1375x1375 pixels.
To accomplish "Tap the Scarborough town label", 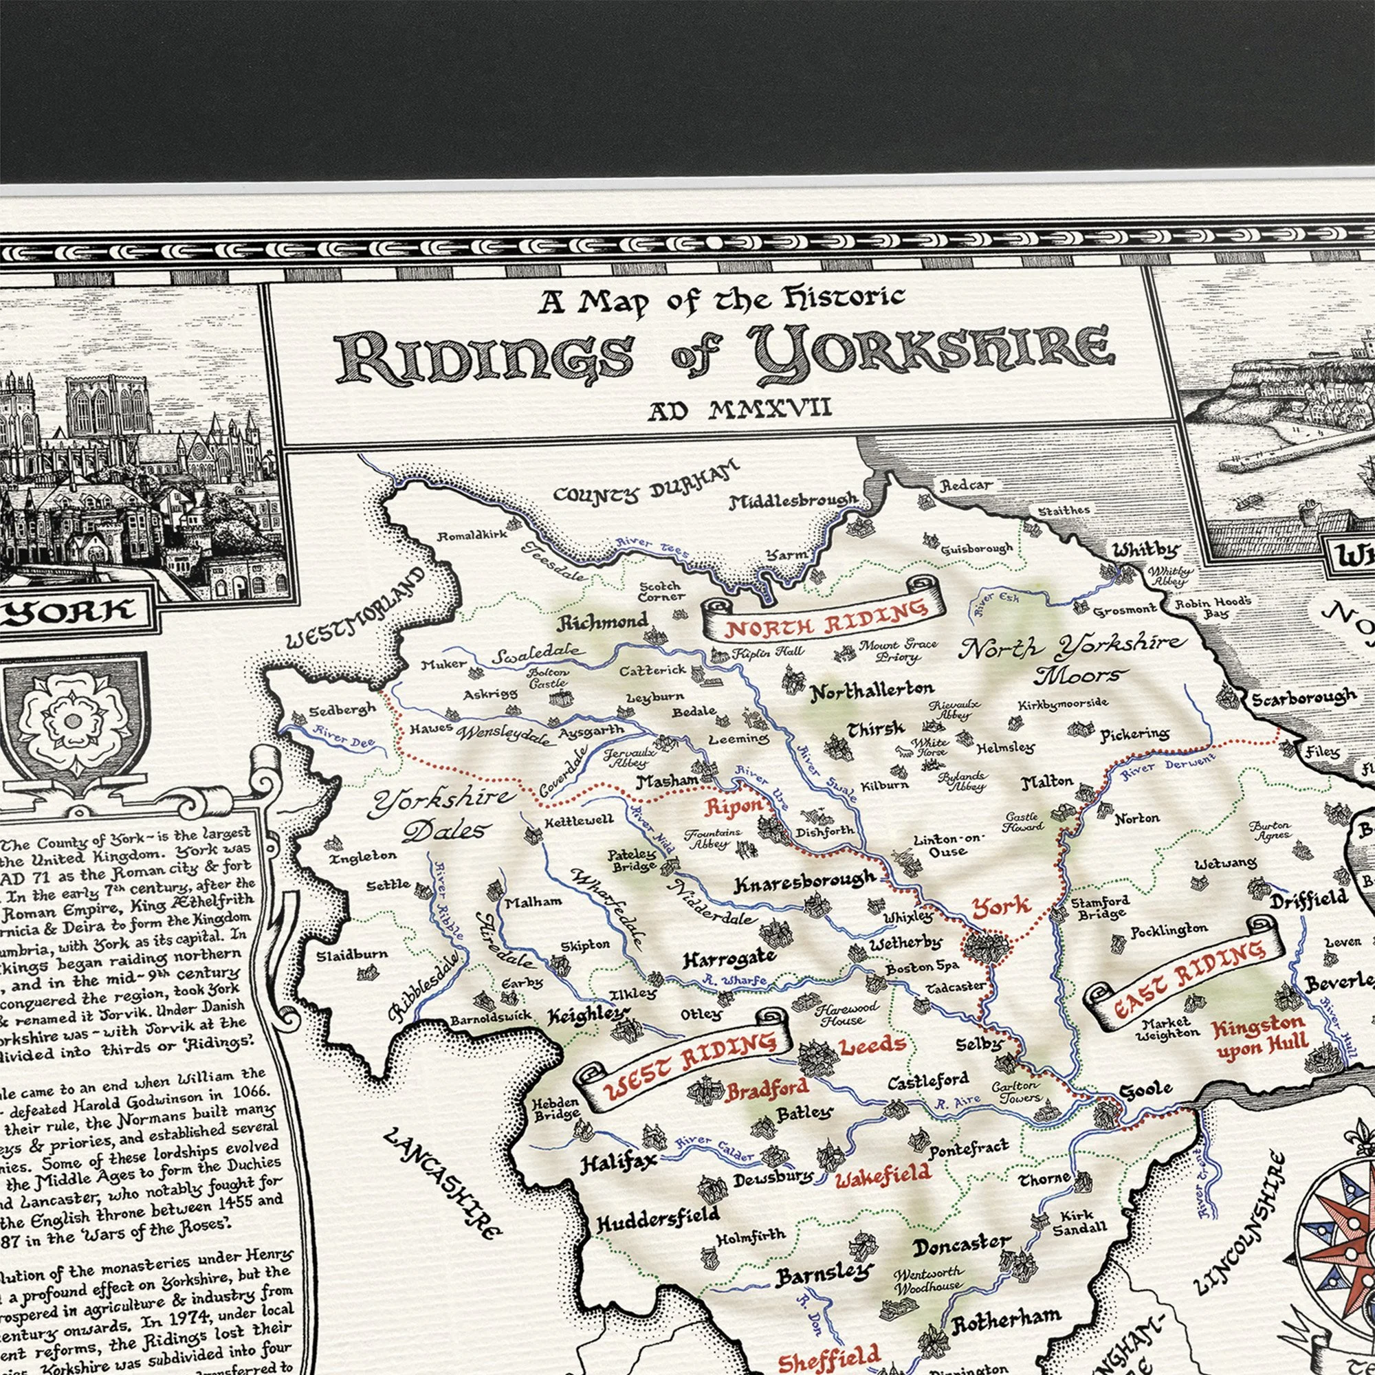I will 1303,698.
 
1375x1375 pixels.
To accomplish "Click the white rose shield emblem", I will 73,722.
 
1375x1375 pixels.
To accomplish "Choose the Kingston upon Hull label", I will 1259,1037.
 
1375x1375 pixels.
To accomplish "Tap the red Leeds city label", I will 872,1046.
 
